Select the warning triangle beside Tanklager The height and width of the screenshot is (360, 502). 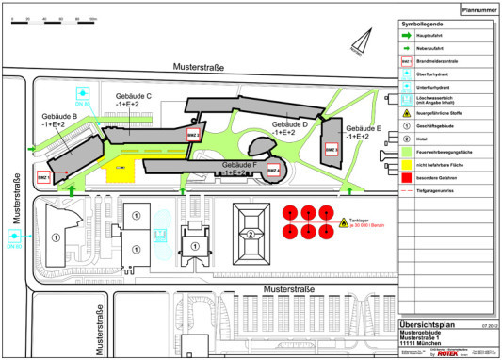point(344,224)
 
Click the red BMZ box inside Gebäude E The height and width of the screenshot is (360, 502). point(331,149)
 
